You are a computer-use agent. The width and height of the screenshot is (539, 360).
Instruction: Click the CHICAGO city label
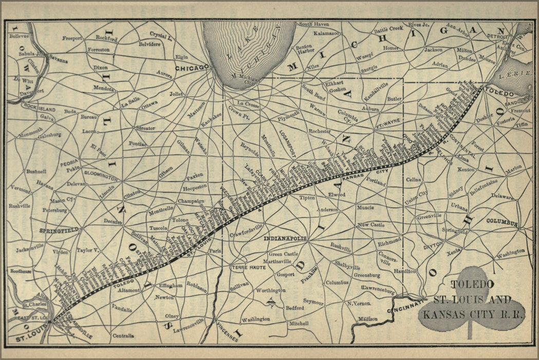coord(191,67)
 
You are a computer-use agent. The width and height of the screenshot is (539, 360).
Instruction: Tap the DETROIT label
coord(497,37)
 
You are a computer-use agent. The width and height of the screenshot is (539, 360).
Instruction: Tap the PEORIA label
coord(68,161)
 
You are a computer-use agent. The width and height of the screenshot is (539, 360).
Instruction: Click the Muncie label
coord(365,208)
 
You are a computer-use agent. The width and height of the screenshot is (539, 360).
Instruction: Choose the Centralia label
coord(123,336)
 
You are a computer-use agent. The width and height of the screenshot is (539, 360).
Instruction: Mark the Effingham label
coord(171,285)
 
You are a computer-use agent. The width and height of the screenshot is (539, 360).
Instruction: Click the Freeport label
coord(72,38)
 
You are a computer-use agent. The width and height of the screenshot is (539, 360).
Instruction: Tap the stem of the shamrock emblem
coord(469,332)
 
